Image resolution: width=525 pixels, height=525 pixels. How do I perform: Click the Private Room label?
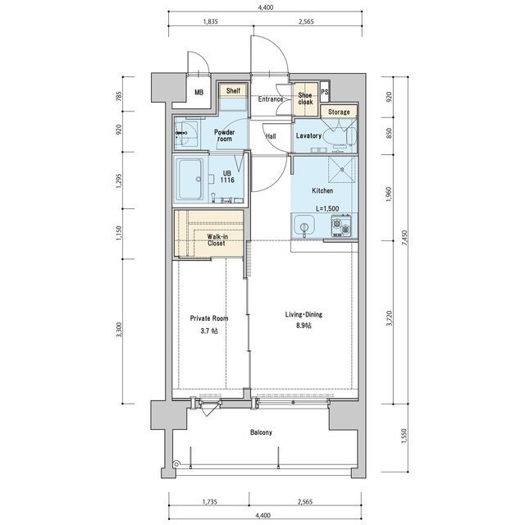(209, 318)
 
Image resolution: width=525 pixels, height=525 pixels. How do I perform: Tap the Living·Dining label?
(304, 315)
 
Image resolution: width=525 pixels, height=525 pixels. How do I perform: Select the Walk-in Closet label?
(217, 240)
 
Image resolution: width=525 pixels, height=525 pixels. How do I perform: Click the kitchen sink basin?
(304, 226)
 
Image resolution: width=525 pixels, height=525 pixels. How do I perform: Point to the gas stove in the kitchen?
(341, 225)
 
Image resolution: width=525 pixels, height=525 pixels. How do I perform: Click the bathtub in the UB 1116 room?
(190, 179)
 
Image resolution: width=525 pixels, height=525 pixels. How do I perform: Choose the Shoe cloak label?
(305, 98)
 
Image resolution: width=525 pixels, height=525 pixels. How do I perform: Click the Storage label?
(339, 112)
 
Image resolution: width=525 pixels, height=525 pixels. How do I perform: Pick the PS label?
(325, 92)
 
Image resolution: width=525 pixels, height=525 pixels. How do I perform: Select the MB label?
(199, 93)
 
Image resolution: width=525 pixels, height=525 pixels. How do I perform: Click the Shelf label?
(233, 90)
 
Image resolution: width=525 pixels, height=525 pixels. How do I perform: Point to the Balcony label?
(261, 432)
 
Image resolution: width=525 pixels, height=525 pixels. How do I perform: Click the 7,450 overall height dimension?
(405, 238)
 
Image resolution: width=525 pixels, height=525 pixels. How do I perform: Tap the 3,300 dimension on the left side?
(121, 331)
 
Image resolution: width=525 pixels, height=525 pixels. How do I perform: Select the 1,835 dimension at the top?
(211, 22)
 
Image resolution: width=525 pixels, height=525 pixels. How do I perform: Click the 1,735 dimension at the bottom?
(210, 501)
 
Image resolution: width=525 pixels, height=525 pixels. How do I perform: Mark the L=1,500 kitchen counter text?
(327, 208)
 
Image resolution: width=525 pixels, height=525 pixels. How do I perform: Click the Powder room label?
(224, 135)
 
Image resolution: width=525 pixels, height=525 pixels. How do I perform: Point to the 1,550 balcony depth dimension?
(405, 436)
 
